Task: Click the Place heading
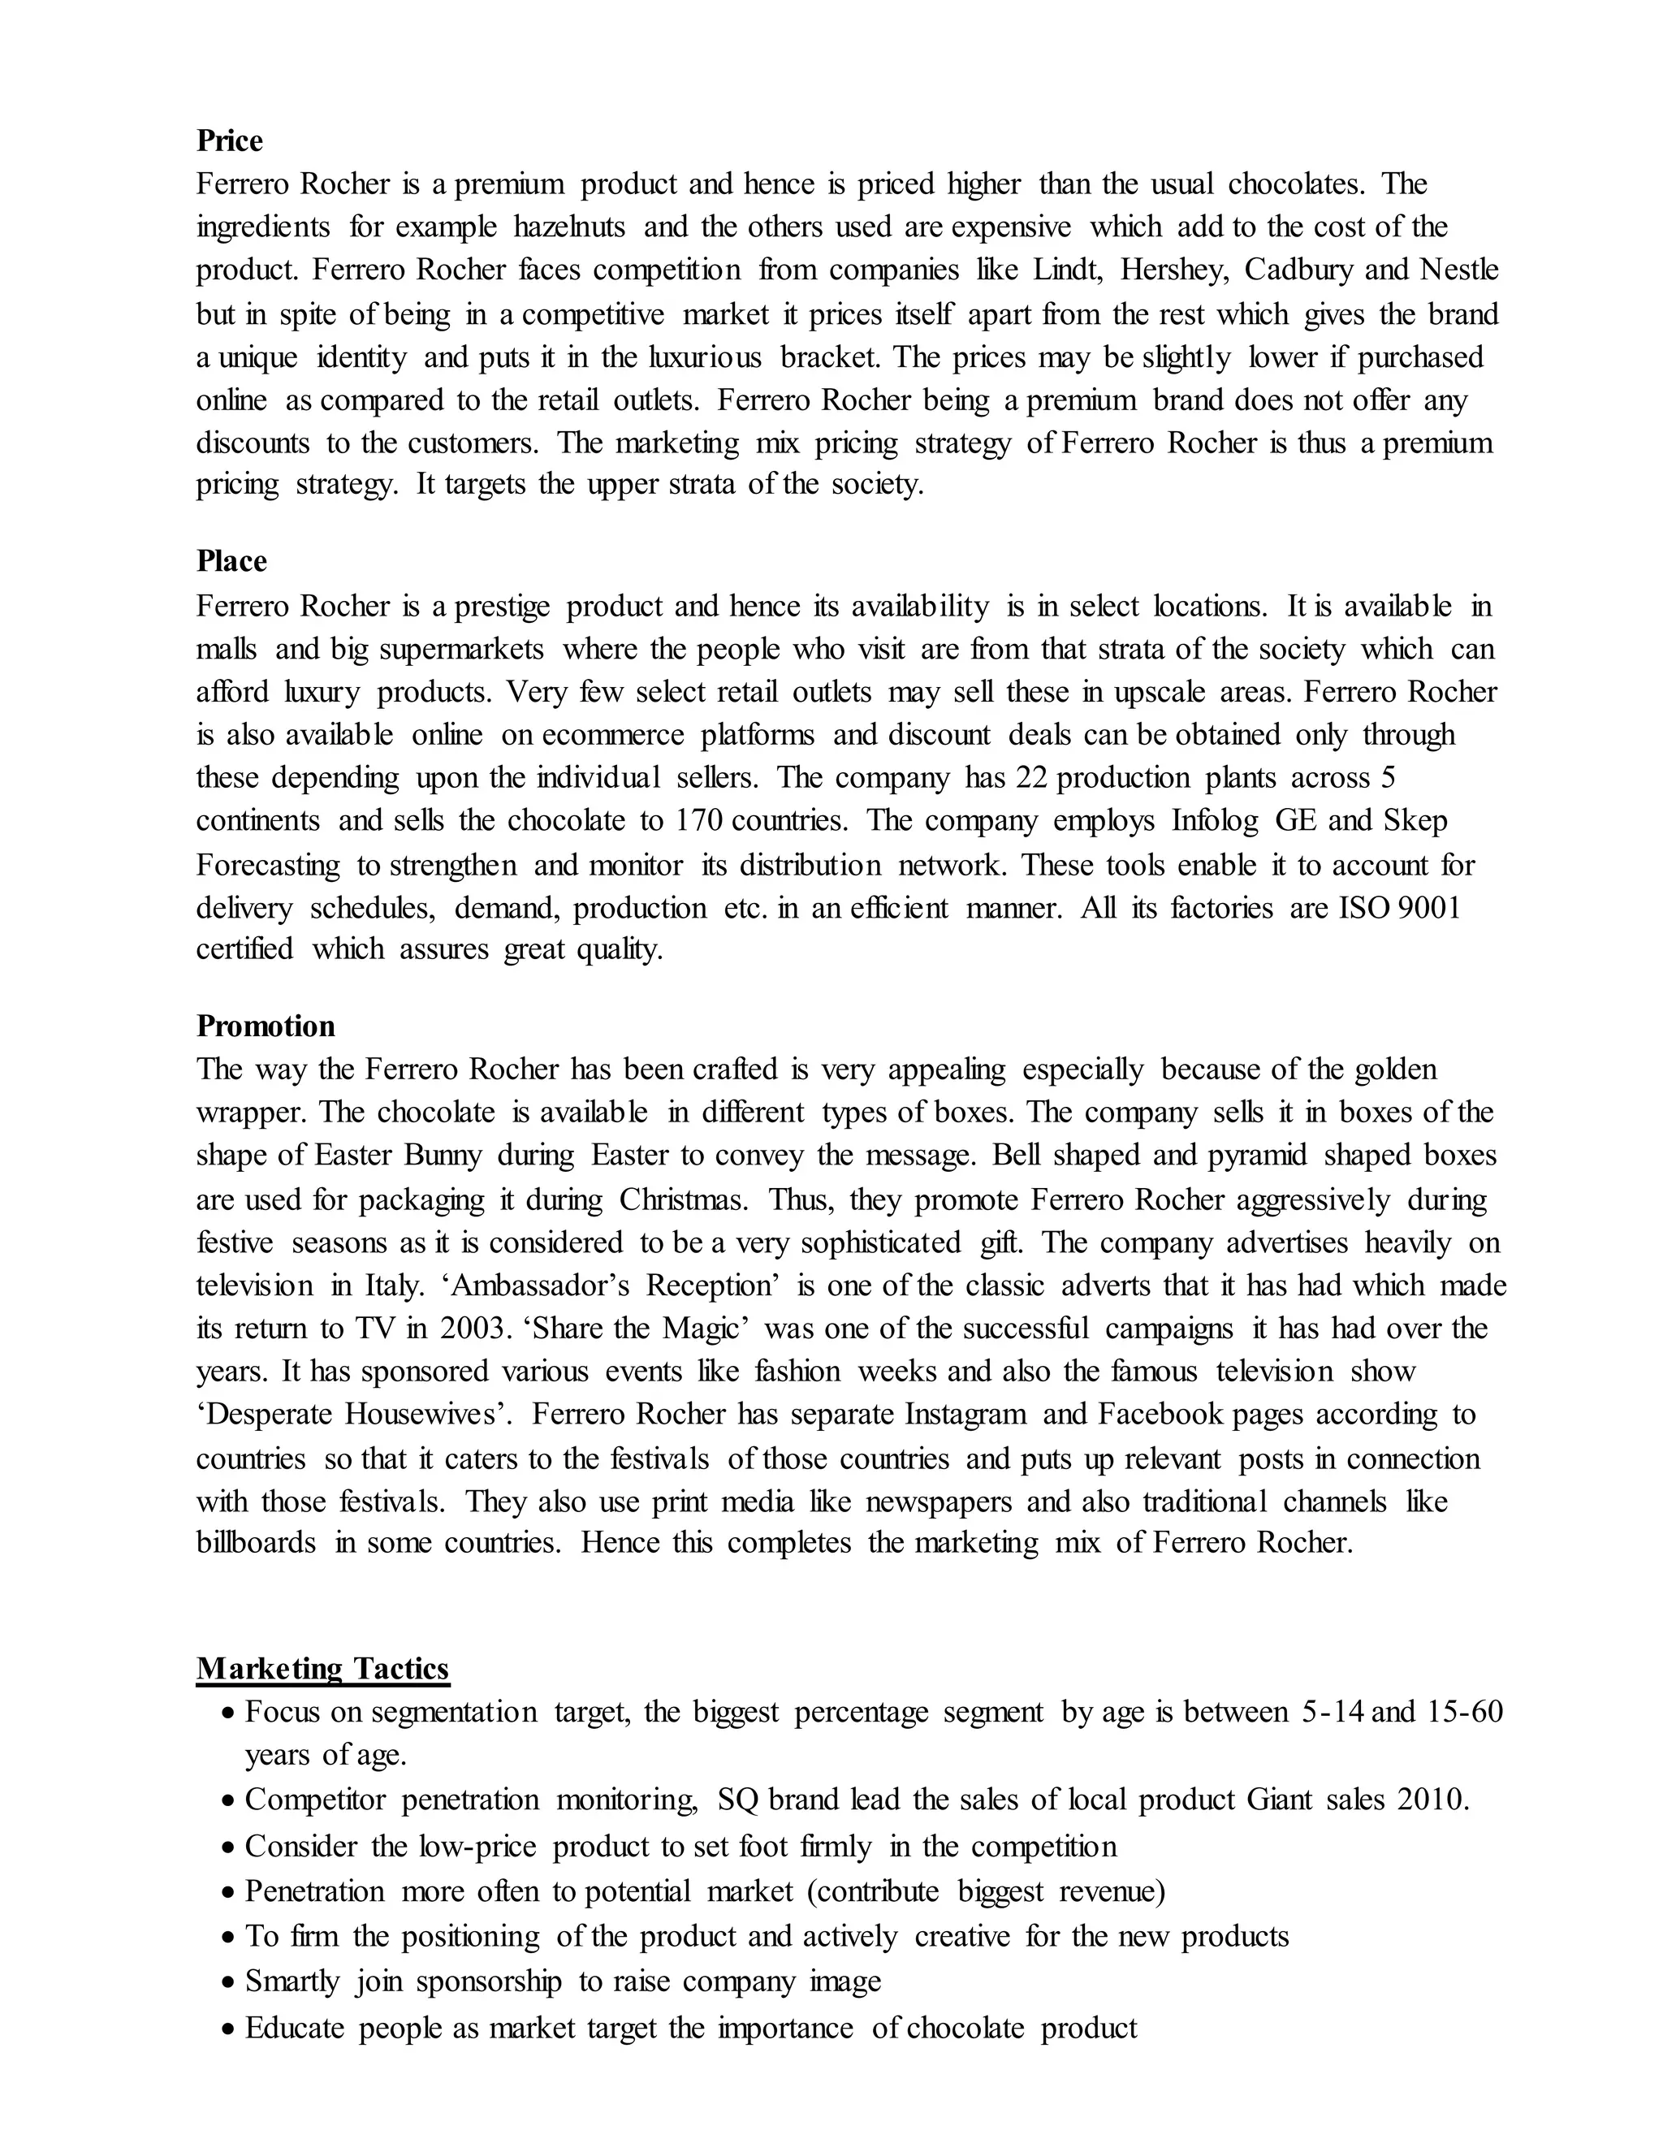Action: pyautogui.click(x=231, y=562)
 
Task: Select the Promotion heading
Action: pyautogui.click(x=265, y=1026)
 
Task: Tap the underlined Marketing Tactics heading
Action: pyautogui.click(x=322, y=1668)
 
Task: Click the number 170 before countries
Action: pyautogui.click(x=698, y=821)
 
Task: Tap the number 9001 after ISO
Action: pyautogui.click(x=1428, y=908)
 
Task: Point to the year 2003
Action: pyautogui.click(x=468, y=1329)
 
